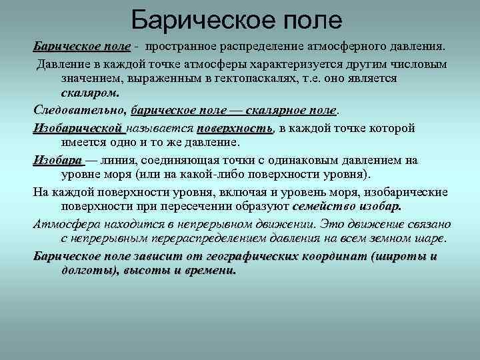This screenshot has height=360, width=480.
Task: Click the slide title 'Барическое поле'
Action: pos(237,20)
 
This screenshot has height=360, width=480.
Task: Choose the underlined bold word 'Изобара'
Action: pos(57,161)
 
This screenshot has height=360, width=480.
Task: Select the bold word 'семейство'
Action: pos(321,207)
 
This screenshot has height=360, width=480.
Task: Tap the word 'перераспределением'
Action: pos(206,238)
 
